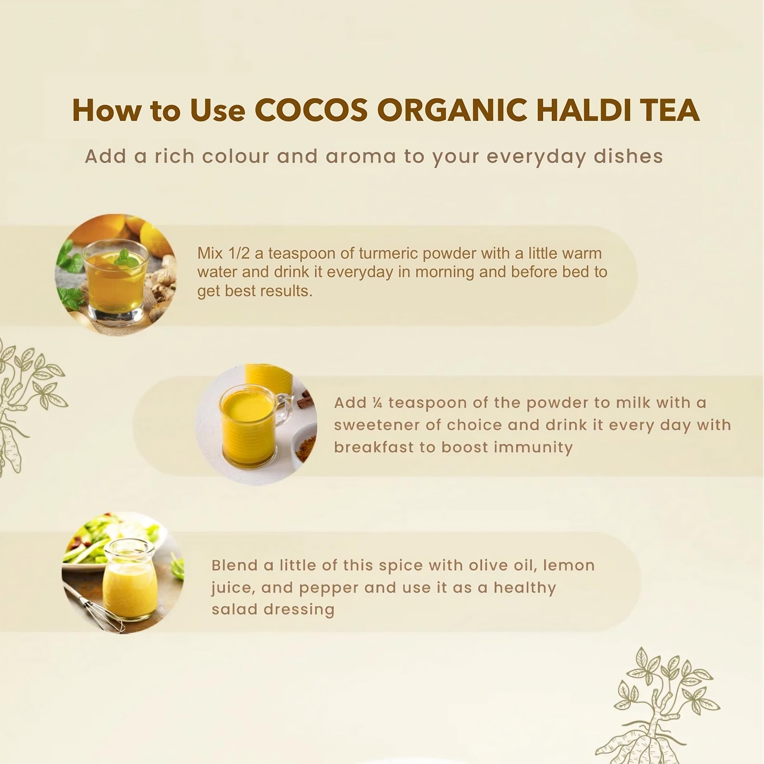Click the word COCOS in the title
(311, 110)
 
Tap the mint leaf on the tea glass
(126, 257)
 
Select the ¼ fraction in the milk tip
(377, 403)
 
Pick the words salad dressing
(273, 609)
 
